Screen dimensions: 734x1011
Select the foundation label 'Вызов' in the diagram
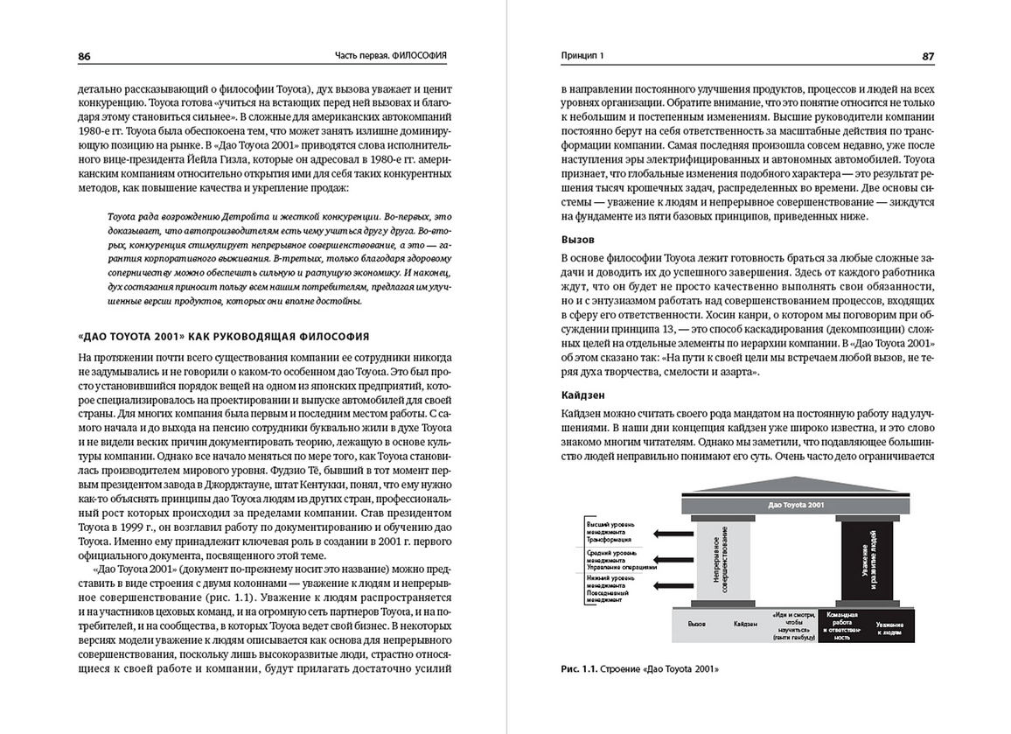pyautogui.click(x=697, y=625)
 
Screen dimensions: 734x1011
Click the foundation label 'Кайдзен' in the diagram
pyautogui.click(x=745, y=625)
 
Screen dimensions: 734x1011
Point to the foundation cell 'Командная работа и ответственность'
pyautogui.click(x=840, y=626)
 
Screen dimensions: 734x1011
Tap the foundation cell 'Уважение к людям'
pyautogui.click(x=889, y=626)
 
